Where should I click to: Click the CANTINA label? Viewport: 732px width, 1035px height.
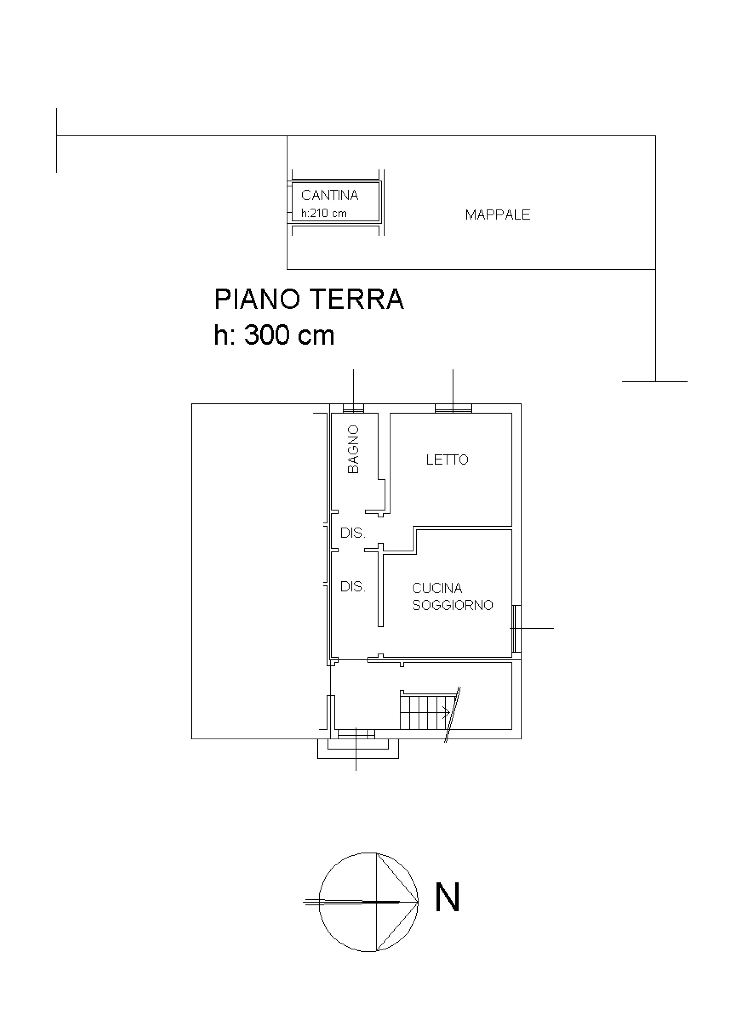point(330,195)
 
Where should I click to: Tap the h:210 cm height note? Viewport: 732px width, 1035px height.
point(324,213)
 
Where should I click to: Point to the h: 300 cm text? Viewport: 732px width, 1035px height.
point(274,335)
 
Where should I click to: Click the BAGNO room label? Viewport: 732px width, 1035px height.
point(354,449)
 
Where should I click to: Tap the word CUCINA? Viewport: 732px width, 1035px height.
point(437,588)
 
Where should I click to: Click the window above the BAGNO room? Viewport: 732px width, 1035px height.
point(354,408)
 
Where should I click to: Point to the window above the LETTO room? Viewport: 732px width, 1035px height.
point(453,408)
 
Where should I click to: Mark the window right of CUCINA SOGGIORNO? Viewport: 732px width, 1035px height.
point(517,628)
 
